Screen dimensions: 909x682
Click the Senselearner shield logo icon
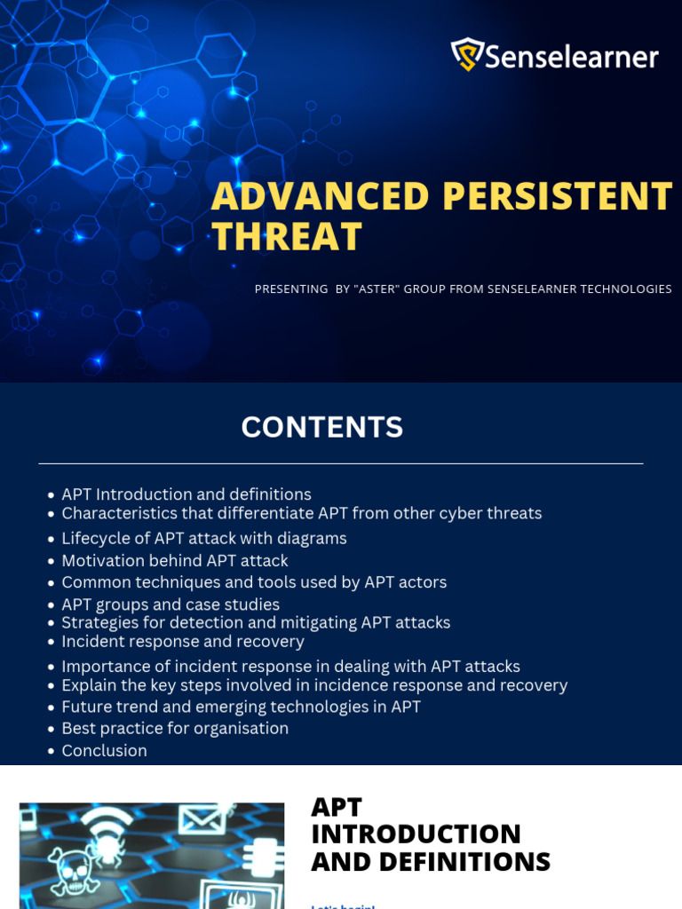(466, 55)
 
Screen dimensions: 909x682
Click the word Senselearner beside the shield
(572, 58)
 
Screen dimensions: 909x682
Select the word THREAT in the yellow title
(287, 237)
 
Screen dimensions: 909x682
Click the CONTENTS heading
(322, 427)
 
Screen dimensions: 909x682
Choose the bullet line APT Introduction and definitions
(186, 494)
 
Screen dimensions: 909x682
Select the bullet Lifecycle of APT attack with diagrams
(204, 539)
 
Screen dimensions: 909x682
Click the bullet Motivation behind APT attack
(175, 561)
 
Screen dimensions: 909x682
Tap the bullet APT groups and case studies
(170, 605)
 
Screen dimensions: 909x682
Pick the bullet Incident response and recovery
(183, 641)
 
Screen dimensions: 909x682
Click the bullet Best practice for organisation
(175, 728)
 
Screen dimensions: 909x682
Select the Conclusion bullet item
(104, 751)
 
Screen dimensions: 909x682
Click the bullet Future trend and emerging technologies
(241, 707)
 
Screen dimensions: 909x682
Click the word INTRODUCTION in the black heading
(416, 834)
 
